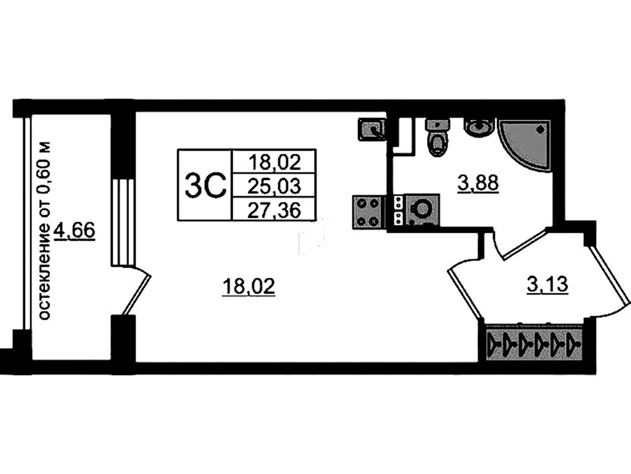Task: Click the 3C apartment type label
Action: (x=204, y=185)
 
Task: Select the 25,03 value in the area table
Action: (x=275, y=186)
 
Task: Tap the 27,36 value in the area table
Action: (x=275, y=210)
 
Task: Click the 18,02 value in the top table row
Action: (x=275, y=162)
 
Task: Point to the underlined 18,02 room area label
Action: (x=249, y=287)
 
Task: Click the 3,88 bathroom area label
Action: (x=478, y=184)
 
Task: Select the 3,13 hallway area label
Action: (x=547, y=285)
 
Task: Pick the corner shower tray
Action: (x=523, y=144)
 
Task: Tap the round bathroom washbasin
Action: (x=479, y=127)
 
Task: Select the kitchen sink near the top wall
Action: (x=372, y=129)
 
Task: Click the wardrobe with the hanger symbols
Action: (x=534, y=344)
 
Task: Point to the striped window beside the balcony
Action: (x=122, y=222)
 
